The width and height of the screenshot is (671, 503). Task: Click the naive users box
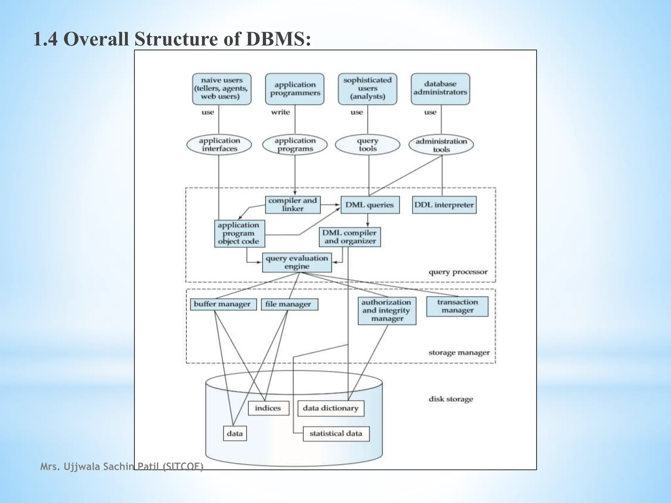tap(221, 89)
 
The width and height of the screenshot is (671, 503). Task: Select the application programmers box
tap(295, 89)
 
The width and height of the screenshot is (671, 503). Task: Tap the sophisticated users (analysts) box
tap(367, 89)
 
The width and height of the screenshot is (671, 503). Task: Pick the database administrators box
tap(440, 89)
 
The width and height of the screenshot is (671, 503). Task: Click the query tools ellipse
tap(367, 145)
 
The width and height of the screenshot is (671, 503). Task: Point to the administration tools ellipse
tap(441, 145)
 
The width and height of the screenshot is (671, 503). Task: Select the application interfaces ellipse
tap(219, 145)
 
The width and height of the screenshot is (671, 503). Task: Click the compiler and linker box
tap(293, 205)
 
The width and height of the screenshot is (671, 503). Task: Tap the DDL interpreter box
tap(444, 205)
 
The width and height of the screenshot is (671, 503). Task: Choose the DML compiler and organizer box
tap(350, 237)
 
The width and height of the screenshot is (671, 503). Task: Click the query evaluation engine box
tap(297, 262)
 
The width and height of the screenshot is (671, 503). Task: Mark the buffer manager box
tap(223, 304)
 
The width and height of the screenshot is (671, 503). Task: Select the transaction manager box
tap(457, 307)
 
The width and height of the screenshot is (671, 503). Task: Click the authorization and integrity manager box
tap(387, 311)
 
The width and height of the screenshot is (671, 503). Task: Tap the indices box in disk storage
tap(268, 408)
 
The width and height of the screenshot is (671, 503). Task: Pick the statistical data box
tap(336, 434)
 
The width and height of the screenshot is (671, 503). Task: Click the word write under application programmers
tap(280, 112)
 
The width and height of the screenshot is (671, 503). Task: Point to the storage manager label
tap(459, 353)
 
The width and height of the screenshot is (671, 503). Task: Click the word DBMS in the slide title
tap(278, 39)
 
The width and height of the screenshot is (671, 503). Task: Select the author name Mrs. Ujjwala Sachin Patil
tap(121, 466)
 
